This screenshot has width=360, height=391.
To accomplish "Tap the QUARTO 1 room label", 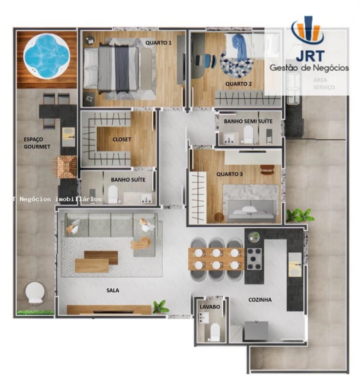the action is click(158, 43).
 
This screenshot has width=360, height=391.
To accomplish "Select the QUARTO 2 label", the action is click(238, 84).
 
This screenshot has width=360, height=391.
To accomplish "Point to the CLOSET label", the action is click(122, 139).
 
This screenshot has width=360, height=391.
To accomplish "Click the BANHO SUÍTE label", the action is click(128, 180).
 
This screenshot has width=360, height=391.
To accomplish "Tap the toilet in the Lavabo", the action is click(215, 332).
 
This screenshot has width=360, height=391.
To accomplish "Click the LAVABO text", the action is click(210, 307).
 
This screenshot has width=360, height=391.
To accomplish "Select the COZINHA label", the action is click(260, 300).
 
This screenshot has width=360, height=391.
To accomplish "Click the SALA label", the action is click(113, 290).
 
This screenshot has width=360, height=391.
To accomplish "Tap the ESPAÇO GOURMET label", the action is click(37, 143).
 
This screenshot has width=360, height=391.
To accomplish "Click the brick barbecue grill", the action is click(66, 167).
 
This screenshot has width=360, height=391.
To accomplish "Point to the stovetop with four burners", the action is click(254, 259).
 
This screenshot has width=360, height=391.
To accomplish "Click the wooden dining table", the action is click(216, 259).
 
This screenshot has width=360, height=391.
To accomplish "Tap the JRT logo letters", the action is click(310, 56).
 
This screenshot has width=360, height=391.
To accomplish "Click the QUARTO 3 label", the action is click(229, 174).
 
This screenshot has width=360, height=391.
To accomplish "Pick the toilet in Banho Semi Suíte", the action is click(248, 134).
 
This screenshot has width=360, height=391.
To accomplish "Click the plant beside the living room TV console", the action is click(160, 307).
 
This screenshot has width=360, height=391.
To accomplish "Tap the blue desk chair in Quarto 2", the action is click(212, 61).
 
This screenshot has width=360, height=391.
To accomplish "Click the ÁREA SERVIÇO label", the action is click(324, 84).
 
